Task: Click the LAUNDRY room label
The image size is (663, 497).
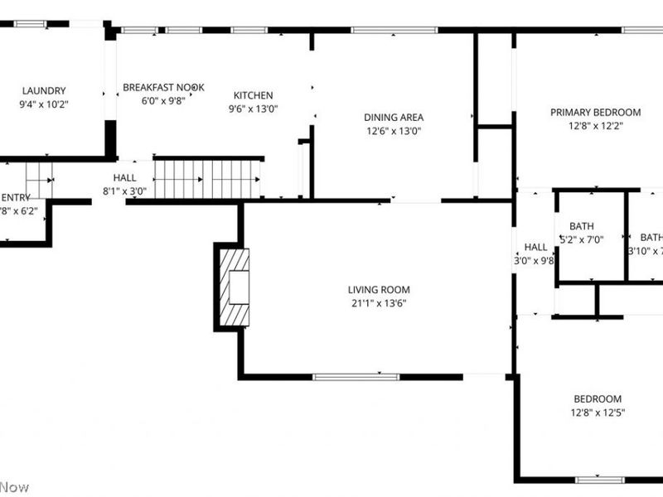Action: tap(44, 91)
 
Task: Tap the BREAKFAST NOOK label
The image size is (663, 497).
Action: tap(163, 87)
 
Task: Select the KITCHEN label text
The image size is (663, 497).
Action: tap(253, 95)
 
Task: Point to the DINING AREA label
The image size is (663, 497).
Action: tap(394, 118)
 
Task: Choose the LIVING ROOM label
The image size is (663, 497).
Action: tap(379, 290)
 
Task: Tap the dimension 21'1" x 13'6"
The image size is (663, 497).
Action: tap(379, 303)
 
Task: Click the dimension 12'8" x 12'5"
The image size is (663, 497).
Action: tap(598, 413)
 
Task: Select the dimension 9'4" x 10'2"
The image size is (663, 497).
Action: tap(44, 104)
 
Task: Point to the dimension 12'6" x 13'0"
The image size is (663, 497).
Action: tap(394, 131)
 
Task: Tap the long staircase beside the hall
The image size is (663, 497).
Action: tap(207, 179)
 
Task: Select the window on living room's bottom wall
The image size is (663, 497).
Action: tap(356, 377)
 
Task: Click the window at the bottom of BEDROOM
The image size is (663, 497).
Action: tap(600, 479)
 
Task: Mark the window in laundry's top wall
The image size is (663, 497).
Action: tap(31, 24)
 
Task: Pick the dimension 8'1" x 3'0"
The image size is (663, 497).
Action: tap(124, 191)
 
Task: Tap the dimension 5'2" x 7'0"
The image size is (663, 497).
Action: tap(586, 240)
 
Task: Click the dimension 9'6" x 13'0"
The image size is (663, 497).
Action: tap(253, 109)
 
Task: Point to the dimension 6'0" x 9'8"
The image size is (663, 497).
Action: tap(163, 100)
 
